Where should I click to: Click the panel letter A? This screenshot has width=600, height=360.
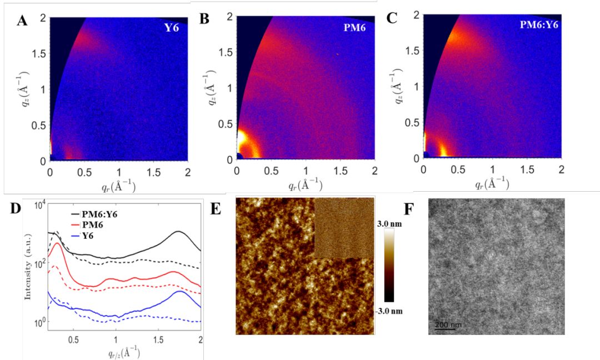point(22,21)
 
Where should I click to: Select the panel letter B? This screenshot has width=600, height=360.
point(204,19)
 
